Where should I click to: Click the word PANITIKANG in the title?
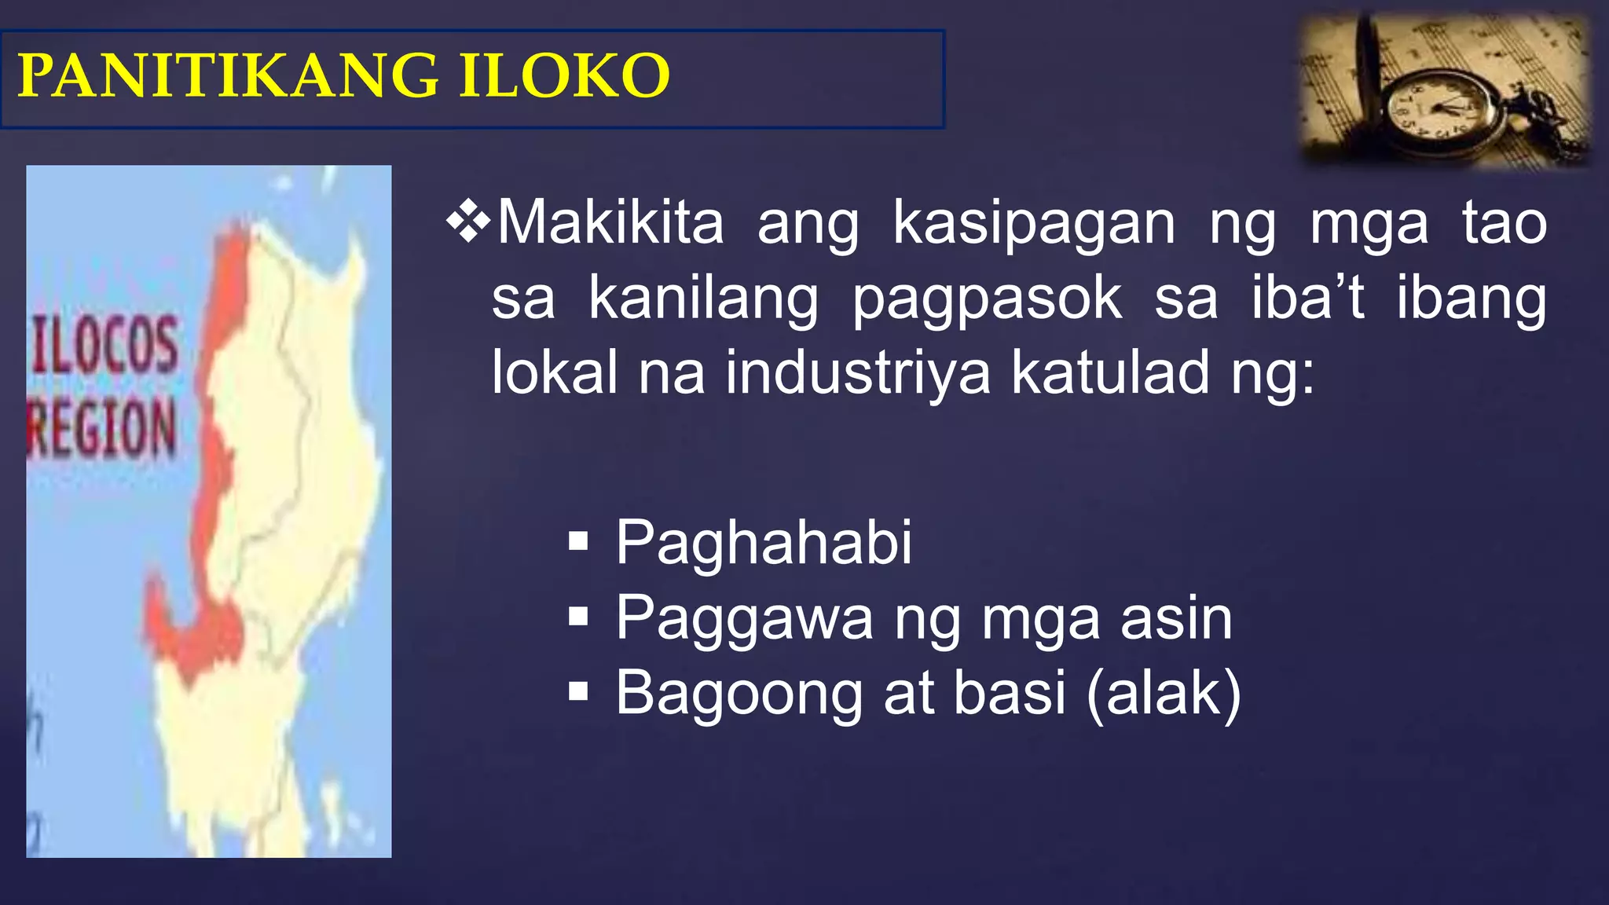pos(227,76)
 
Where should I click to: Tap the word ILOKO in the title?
pos(563,76)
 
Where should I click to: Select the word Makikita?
pos(610,223)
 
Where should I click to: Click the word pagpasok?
pos(987,300)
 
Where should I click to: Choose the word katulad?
pos(1110,373)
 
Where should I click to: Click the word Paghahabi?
pos(764,543)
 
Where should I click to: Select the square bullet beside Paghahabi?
pos(578,542)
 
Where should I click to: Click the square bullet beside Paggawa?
pos(578,617)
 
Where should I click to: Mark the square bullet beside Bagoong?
pos(578,692)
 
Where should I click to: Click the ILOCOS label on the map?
pos(105,346)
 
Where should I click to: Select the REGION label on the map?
pos(102,428)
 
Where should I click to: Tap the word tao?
pos(1504,223)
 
